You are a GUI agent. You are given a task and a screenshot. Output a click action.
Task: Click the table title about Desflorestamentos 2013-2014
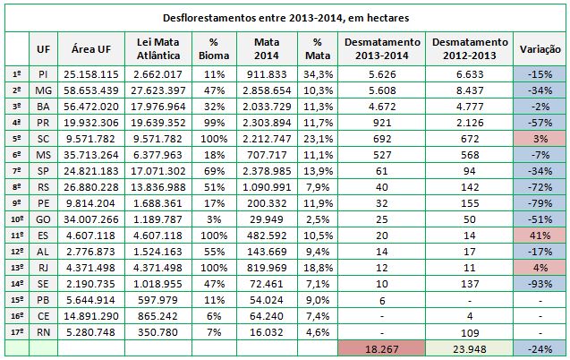(285, 18)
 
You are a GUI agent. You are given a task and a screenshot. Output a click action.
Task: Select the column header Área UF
(91, 49)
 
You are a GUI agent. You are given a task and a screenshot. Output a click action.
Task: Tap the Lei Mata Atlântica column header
(158, 48)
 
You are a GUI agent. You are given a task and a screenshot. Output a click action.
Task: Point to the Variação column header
(540, 49)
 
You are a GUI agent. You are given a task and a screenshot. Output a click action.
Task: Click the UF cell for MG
(43, 90)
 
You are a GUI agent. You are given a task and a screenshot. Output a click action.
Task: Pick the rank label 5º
(17, 139)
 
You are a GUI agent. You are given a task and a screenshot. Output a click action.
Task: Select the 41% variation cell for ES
(540, 236)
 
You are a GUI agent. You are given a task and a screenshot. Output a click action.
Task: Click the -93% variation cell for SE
(540, 284)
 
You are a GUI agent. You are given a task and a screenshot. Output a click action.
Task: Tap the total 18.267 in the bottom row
(382, 349)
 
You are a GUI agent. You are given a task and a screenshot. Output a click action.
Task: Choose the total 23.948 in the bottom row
(469, 349)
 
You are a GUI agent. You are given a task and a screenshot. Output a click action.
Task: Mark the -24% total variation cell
(540, 349)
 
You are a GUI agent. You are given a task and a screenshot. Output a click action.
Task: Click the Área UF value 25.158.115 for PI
(91, 74)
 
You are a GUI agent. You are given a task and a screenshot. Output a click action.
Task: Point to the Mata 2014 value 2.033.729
(267, 107)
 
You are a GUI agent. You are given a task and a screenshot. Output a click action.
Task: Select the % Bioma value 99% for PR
(214, 123)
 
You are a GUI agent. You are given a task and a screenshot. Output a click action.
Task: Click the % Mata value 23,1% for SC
(318, 139)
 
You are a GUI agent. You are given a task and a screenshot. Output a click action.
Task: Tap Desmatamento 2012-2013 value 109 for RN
(469, 333)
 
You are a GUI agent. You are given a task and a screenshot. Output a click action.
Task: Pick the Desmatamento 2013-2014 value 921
(382, 123)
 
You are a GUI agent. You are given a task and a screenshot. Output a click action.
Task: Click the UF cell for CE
(43, 316)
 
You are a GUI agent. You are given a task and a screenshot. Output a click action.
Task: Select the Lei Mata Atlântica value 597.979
(158, 300)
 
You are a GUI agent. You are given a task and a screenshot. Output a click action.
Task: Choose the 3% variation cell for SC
(540, 139)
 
